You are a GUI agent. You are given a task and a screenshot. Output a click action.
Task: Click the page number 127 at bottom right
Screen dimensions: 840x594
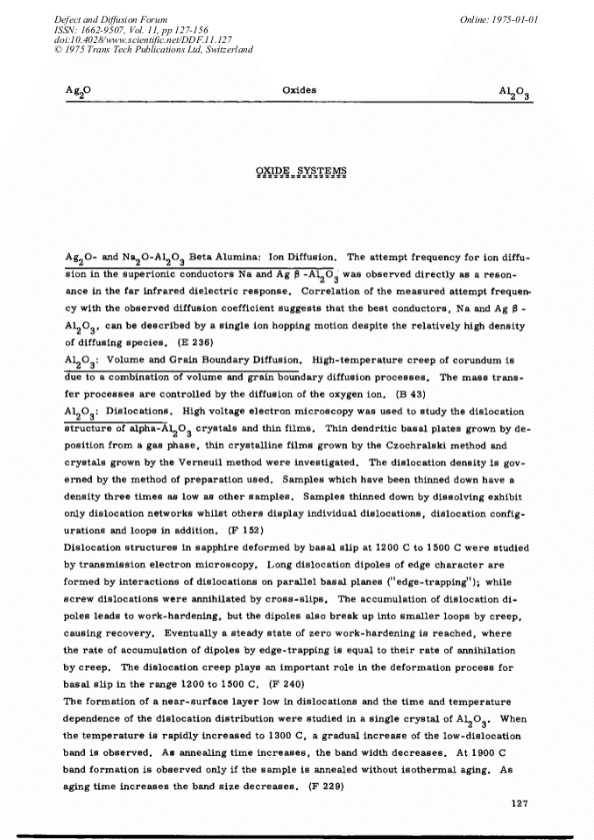coord(520,804)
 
